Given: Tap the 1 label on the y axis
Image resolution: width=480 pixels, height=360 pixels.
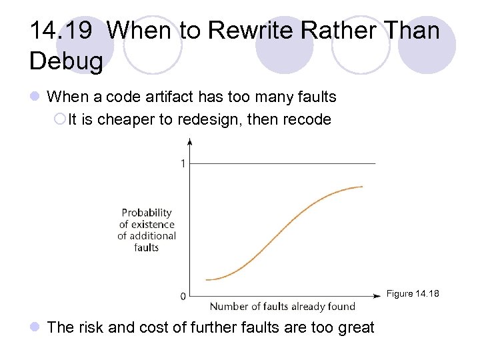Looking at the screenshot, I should pyautogui.click(x=183, y=163).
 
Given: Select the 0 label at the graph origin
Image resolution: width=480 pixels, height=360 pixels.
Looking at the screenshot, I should pyautogui.click(x=183, y=296).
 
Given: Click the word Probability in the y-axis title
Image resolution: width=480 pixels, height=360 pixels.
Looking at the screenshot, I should pyautogui.click(x=147, y=213).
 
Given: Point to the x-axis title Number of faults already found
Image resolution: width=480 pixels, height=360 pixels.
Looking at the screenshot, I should pyautogui.click(x=283, y=307).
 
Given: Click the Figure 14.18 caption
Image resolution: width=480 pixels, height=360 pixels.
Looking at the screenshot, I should pyautogui.click(x=413, y=294).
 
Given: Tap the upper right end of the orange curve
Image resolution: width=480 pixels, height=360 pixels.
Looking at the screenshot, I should pyautogui.click(x=363, y=187).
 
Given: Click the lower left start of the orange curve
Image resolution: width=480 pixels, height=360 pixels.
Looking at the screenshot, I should pyautogui.click(x=207, y=279).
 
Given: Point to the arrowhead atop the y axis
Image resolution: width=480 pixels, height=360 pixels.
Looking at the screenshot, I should pyautogui.click(x=191, y=141).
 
